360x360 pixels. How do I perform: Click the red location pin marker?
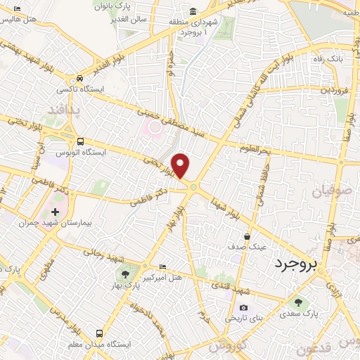click(181, 166)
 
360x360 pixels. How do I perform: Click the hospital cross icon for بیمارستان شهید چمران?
click(55, 212)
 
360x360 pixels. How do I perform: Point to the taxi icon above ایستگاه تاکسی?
click(81, 79)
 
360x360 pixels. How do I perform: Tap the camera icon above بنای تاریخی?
click(243, 307)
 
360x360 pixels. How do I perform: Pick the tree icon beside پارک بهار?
click(124, 274)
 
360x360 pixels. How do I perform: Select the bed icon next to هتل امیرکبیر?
click(163, 266)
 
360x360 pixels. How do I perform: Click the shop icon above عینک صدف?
click(247, 237)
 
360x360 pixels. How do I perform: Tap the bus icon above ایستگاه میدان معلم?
click(99, 333)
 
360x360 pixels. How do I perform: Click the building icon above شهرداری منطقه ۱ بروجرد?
click(193, 12)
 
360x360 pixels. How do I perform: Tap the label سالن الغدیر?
click(131, 19)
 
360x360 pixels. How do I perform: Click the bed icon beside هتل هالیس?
click(18, 8)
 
